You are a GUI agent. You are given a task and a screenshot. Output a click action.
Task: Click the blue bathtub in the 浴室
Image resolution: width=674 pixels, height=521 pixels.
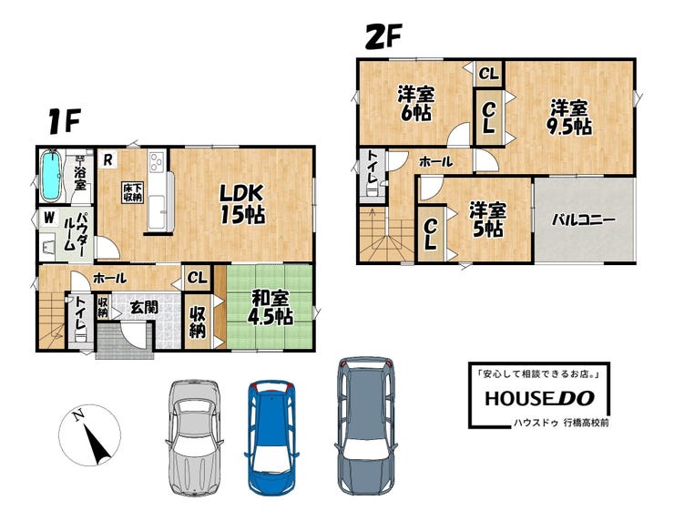(x=51, y=176)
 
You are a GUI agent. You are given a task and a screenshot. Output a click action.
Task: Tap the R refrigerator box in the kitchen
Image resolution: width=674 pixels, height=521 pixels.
(x=107, y=160)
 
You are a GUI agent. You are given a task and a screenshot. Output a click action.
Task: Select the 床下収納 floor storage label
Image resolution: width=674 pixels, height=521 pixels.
(x=132, y=192)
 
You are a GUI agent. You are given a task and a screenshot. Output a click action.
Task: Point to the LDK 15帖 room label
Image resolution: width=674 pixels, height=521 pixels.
(x=242, y=204)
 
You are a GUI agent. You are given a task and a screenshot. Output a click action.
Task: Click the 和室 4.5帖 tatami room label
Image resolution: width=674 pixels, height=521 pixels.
(x=271, y=307)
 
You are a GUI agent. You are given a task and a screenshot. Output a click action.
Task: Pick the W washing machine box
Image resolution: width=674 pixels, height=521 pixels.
(x=49, y=217)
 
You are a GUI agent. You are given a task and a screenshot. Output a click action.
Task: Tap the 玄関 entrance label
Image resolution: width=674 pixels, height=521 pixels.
(x=144, y=307)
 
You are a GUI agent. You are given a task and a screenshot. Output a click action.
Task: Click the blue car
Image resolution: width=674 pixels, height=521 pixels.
(x=271, y=436)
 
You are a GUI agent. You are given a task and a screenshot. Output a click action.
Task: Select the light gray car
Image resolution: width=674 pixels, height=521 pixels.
(x=194, y=437)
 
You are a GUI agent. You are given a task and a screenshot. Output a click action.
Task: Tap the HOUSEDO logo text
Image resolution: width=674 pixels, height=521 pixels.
(x=539, y=398)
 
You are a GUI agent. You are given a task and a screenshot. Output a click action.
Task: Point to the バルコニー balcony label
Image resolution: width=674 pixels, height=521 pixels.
(x=583, y=220)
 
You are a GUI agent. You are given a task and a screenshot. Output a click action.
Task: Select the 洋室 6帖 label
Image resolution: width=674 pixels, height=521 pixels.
(x=415, y=103)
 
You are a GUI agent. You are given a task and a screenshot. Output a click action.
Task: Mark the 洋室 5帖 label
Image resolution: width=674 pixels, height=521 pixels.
(x=487, y=220)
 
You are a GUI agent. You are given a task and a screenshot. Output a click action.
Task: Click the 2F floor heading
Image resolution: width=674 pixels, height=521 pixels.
(x=383, y=36)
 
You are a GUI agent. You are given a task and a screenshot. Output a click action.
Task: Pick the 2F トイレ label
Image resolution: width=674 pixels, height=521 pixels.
(x=372, y=169)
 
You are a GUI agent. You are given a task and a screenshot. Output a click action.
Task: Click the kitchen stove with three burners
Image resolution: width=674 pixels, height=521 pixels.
(x=157, y=162)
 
